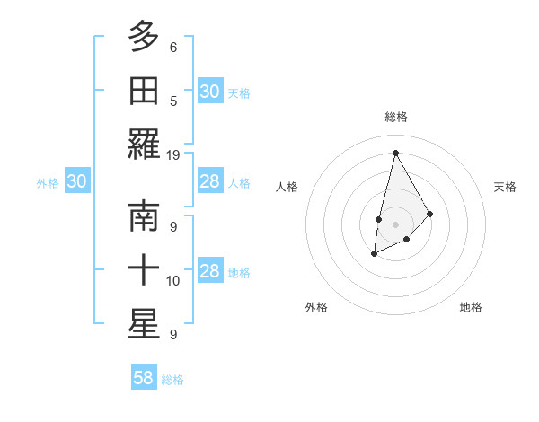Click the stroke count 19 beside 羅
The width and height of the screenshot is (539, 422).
173,154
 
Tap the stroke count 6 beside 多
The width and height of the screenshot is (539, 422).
173,47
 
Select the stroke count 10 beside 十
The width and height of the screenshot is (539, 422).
173,281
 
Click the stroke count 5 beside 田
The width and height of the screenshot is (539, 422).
173,101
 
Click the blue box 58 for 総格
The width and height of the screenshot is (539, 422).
144,378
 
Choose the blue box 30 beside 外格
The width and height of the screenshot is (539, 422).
76,181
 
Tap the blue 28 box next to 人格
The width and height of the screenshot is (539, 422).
209,181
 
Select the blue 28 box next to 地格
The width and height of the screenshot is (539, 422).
209,271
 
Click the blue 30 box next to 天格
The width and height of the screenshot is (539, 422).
209,91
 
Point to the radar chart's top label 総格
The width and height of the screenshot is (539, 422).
395,117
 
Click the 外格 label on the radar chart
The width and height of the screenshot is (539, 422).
316,307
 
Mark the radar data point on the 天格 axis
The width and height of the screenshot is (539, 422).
430,214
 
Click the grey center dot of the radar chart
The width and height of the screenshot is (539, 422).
395,224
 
